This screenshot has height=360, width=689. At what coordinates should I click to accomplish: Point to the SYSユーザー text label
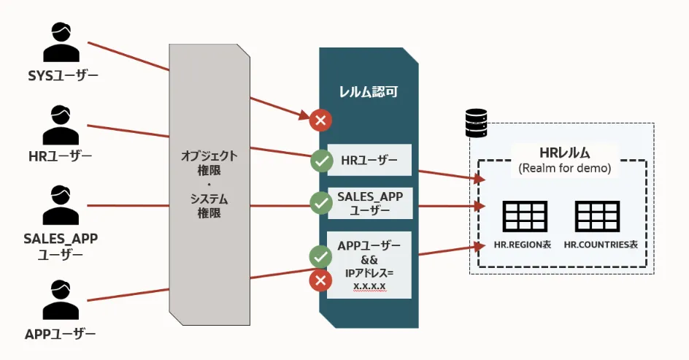pos(61,75)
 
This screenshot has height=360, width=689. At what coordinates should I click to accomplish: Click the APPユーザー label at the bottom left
pos(61,334)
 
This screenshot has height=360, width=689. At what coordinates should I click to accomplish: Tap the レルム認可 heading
pos(369,93)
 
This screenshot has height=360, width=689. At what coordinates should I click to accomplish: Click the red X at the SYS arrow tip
pos(320,120)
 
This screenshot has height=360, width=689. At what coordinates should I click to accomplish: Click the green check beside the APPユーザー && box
pos(320,256)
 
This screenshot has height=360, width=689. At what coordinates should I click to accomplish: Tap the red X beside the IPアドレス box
pos(320,280)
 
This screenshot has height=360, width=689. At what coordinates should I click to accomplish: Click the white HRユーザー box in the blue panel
pos(369,160)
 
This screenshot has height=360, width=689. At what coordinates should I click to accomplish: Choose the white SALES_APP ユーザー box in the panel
pos(369,203)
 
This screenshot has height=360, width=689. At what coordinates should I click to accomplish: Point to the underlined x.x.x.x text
pos(369,286)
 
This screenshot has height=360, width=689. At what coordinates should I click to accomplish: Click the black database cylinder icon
pos(476,123)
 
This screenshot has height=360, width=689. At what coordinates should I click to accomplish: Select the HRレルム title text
pos(564,153)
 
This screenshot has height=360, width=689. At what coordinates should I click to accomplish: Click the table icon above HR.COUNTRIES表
pos(597,217)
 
